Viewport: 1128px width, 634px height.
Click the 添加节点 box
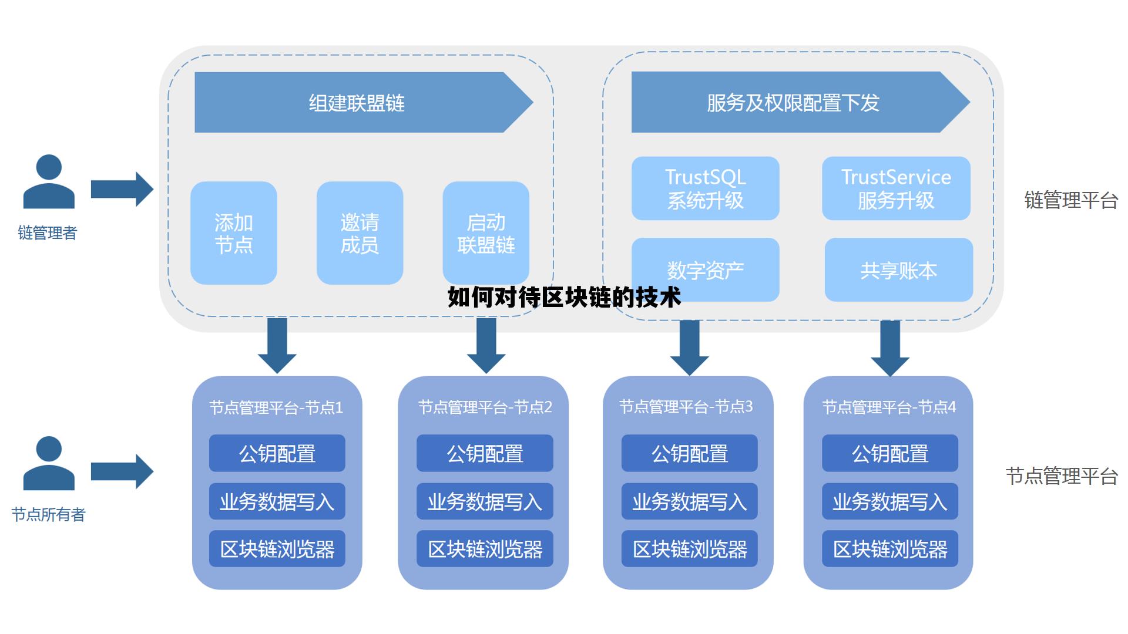pyautogui.click(x=233, y=233)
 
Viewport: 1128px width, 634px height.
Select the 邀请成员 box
pyautogui.click(x=360, y=233)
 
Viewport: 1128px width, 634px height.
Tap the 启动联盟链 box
pyautogui.click(x=486, y=233)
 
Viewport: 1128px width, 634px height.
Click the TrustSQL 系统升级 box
pyautogui.click(x=705, y=188)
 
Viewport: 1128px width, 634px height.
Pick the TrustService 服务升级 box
pyautogui.click(x=896, y=188)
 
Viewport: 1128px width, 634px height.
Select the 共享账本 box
pyautogui.click(x=898, y=270)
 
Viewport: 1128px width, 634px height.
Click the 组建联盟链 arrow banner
pyautogui.click(x=357, y=103)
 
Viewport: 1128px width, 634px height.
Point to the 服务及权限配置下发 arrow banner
pyautogui.click(x=793, y=103)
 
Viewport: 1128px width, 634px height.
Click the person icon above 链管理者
pyautogui.click(x=49, y=181)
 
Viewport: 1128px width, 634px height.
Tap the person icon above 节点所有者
pyautogui.click(x=49, y=463)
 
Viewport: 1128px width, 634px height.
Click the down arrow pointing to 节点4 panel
pyautogui.click(x=890, y=348)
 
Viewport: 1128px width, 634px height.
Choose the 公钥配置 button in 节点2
pyautogui.click(x=485, y=453)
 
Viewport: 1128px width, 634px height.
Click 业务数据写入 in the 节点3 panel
pyautogui.click(x=689, y=501)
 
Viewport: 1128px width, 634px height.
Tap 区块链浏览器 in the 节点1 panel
pyautogui.click(x=277, y=549)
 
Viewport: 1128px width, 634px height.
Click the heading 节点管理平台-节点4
pyautogui.click(x=889, y=407)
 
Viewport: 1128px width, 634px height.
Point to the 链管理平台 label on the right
pyautogui.click(x=1070, y=200)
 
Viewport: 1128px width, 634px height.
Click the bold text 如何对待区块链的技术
pyautogui.click(x=564, y=298)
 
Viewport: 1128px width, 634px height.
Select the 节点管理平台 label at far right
pyautogui.click(x=1061, y=476)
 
